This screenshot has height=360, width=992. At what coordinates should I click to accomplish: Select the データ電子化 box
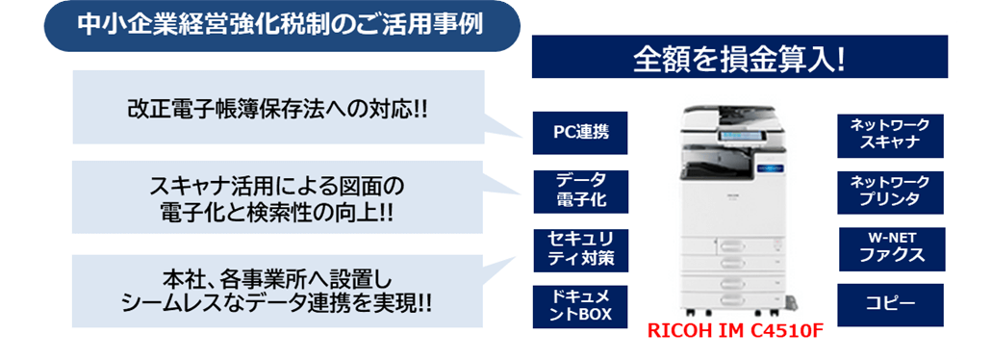[x=580, y=191]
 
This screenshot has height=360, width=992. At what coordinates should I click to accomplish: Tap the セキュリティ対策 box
[x=580, y=248]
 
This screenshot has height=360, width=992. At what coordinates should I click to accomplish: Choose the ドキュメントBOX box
[x=580, y=305]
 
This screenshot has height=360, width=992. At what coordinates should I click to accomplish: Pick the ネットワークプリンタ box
[x=889, y=191]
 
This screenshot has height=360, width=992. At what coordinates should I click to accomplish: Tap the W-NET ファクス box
[x=889, y=247]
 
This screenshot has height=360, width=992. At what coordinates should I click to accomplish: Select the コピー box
[x=889, y=304]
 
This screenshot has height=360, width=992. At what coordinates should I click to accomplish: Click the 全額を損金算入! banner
[x=739, y=59]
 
